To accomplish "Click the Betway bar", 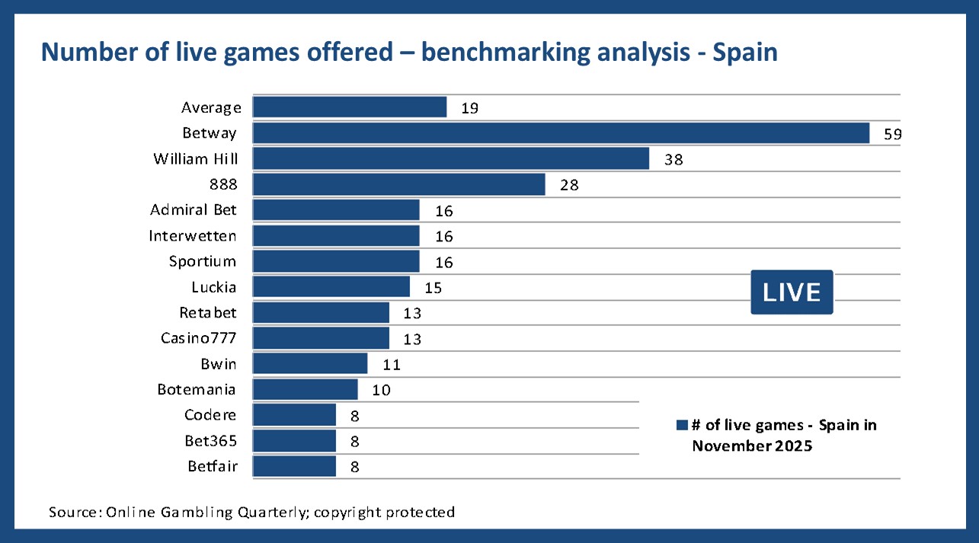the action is tap(561, 133).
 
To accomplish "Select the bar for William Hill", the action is tap(451, 158).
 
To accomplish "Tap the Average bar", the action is tap(350, 107).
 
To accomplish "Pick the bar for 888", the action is tap(399, 184).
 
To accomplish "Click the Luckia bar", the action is tap(331, 286).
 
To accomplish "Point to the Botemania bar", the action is tap(305, 389).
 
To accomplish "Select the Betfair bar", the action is tap(294, 466).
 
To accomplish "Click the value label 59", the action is tap(892, 134).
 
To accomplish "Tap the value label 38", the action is tap(673, 160).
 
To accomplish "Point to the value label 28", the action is tap(569, 185).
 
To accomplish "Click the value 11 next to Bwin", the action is tap(392, 365).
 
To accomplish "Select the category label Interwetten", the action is tap(193, 236).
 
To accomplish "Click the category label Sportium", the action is tap(203, 262).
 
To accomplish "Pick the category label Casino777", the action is tap(199, 338).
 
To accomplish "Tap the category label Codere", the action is tap(210, 415).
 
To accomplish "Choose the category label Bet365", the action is tap(211, 441).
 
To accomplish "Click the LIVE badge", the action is tap(792, 292).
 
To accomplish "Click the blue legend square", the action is tap(682, 425).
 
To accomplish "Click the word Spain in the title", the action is tap(745, 53).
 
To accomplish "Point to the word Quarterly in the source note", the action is tap(274, 512).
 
